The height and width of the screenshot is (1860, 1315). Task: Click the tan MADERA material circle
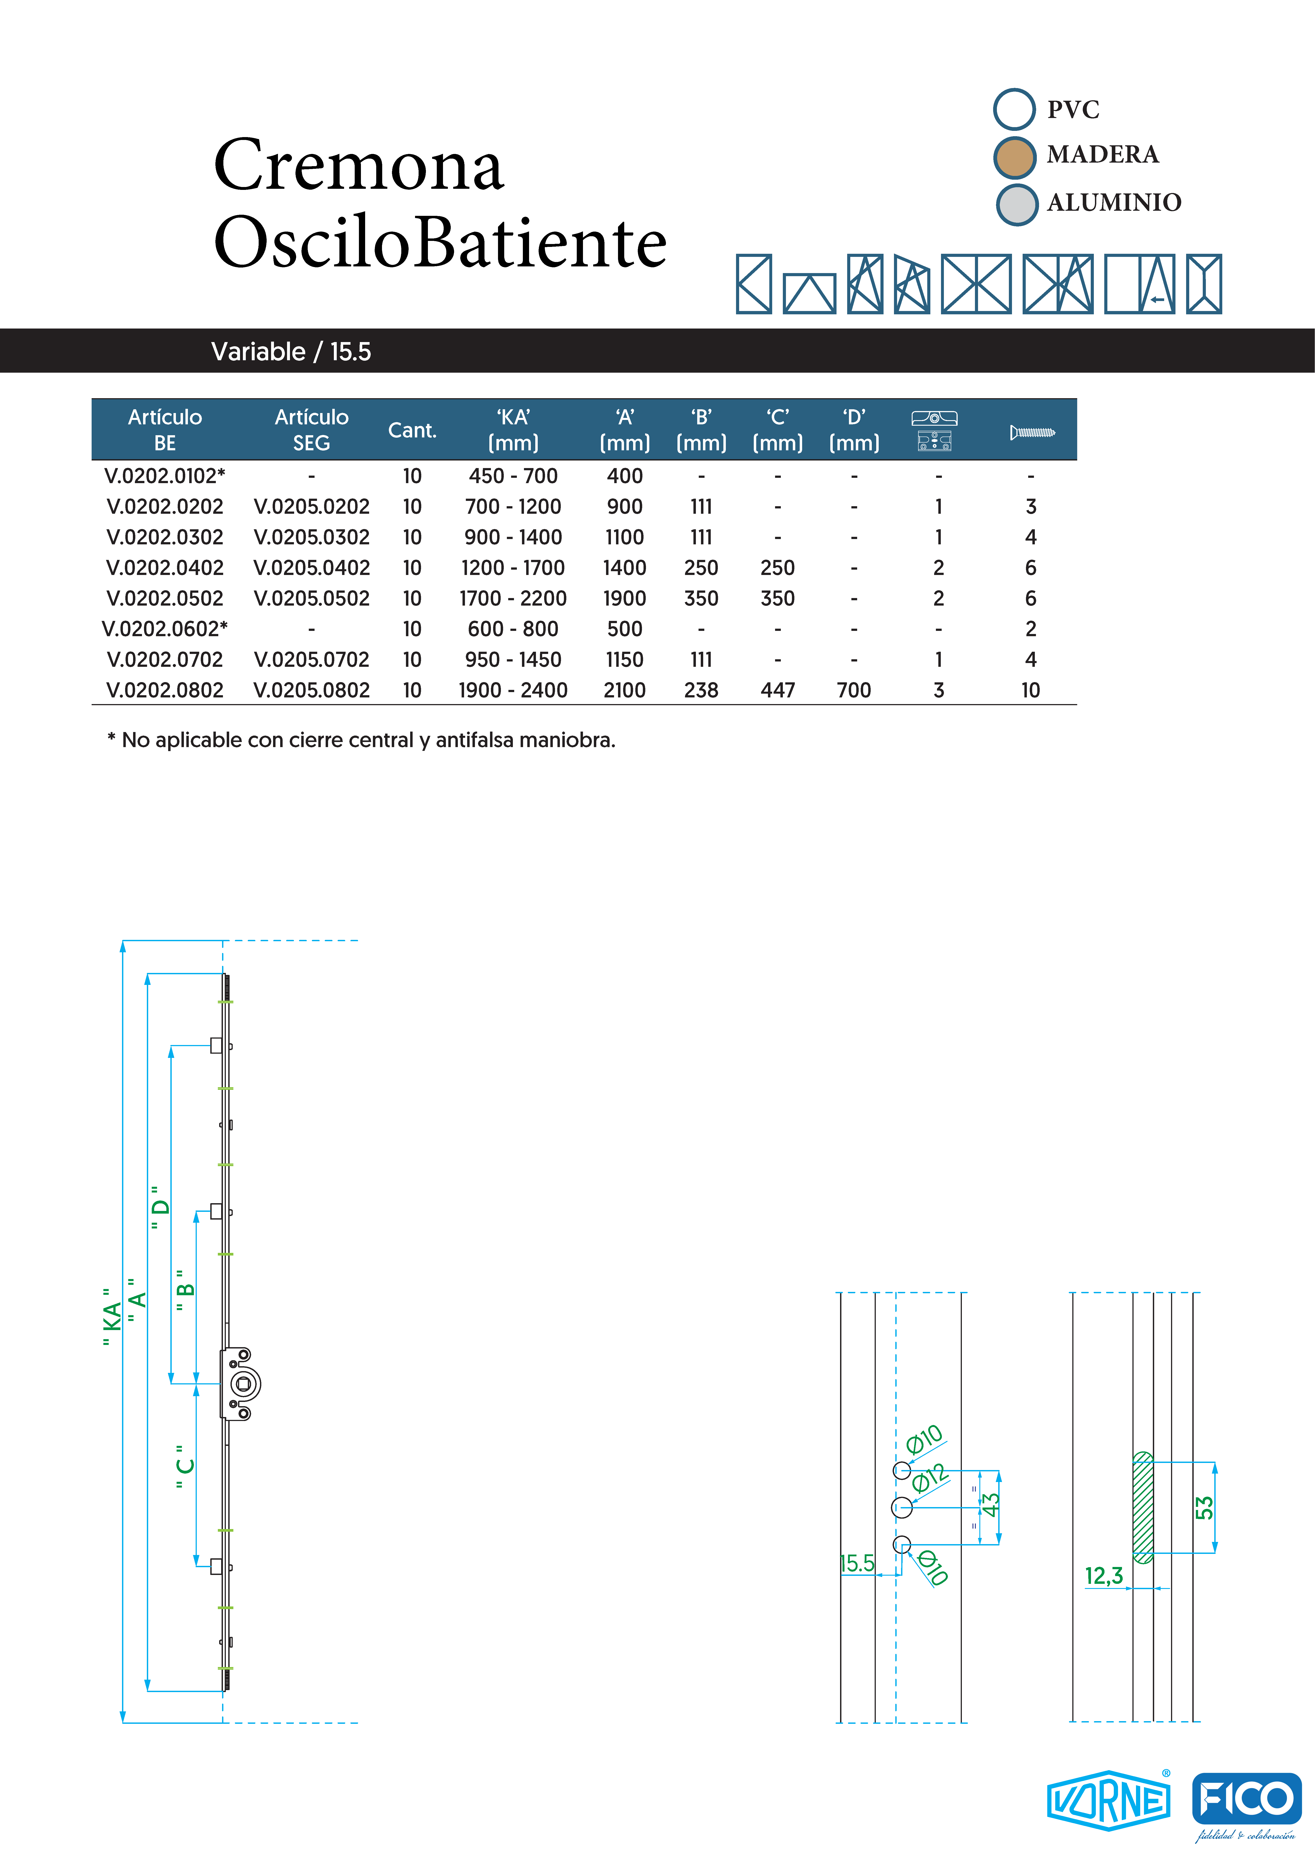[x=1014, y=157]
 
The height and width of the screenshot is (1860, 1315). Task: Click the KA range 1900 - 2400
[x=513, y=690]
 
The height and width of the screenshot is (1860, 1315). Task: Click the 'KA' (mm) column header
[x=513, y=430]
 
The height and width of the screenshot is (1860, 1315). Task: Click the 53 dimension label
[x=1204, y=1508]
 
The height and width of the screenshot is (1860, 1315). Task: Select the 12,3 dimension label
[x=1104, y=1576]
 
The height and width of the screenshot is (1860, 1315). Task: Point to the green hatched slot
[x=1142, y=1508]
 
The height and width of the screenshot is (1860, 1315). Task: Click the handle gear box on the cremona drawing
[x=241, y=1384]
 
